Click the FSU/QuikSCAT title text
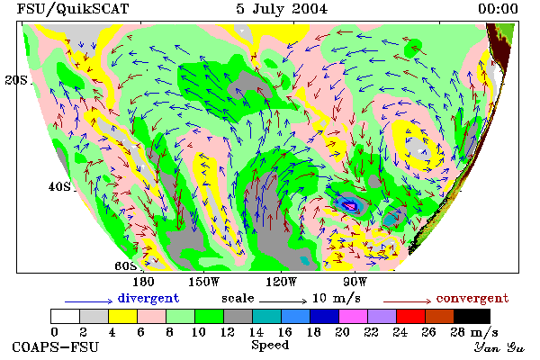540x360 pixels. click(73, 9)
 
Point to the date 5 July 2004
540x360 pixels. click(282, 9)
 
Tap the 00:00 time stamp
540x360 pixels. click(498, 9)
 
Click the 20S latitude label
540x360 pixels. click(16, 80)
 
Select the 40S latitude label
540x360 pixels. click(59, 186)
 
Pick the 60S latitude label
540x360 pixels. click(126, 266)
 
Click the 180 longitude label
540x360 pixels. click(143, 282)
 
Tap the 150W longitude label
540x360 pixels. click(204, 282)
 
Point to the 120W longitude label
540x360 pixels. click(281, 282)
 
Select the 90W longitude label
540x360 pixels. click(355, 282)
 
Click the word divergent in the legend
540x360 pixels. click(148, 298)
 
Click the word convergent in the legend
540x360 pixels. click(472, 298)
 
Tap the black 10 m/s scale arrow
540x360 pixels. click(283, 301)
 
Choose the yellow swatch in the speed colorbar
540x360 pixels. click(123, 316)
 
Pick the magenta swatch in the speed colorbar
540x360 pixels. click(354, 316)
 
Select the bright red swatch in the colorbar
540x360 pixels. click(411, 316)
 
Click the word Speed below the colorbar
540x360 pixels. click(270, 346)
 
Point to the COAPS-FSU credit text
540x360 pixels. click(56, 346)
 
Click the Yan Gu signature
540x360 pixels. click(499, 347)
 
